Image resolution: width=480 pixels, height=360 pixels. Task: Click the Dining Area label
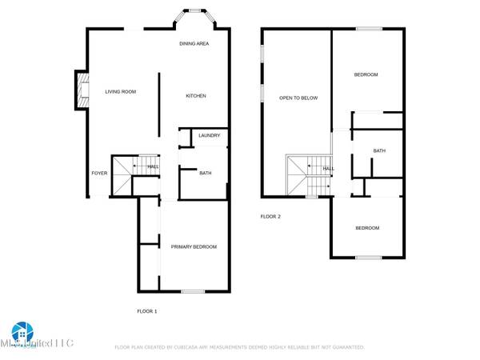click(x=194, y=44)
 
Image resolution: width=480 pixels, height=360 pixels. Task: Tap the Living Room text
click(x=121, y=92)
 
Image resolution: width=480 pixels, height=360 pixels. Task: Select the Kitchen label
click(x=196, y=96)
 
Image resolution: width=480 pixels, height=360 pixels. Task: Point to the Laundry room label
click(x=209, y=136)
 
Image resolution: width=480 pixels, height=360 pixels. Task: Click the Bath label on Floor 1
click(x=206, y=173)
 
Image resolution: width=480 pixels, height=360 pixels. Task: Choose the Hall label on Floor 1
click(x=152, y=166)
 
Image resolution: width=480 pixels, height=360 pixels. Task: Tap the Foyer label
click(x=98, y=173)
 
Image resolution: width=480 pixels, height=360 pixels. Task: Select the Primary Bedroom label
click(x=194, y=246)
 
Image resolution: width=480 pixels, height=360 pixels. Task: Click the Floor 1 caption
click(x=146, y=310)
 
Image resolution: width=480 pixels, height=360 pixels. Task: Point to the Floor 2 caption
click(x=270, y=216)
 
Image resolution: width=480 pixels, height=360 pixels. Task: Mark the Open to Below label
click(x=298, y=98)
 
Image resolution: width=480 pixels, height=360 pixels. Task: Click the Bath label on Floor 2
click(x=379, y=150)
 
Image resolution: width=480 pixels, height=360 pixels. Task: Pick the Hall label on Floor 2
click(x=328, y=169)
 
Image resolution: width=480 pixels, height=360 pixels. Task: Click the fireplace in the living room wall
click(x=79, y=90)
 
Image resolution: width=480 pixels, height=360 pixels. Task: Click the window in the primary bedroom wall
click(x=193, y=290)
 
